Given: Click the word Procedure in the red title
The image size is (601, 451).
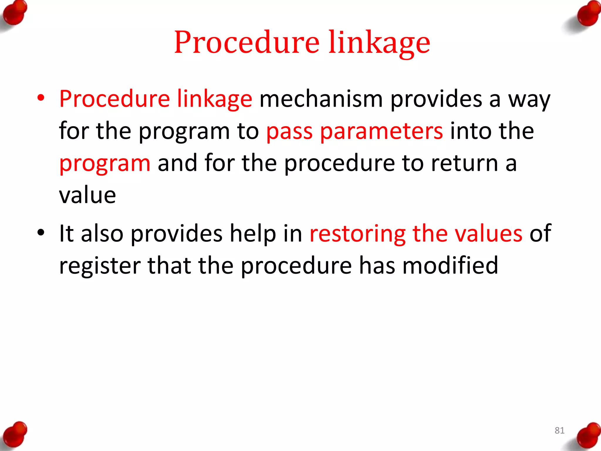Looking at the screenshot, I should pyautogui.click(x=247, y=43).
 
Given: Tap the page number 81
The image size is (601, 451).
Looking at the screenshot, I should pyautogui.click(x=559, y=430).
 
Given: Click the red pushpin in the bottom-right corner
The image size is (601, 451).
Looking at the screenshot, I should pyautogui.click(x=587, y=436).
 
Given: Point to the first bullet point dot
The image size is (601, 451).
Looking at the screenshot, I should pyautogui.click(x=41, y=98).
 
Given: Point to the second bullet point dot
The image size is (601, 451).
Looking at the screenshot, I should pyautogui.click(x=41, y=233).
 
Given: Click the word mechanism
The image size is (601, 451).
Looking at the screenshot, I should pyautogui.click(x=321, y=99).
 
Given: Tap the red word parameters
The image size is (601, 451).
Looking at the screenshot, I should pyautogui.click(x=381, y=131).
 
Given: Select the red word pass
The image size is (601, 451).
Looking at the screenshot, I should pyautogui.click(x=289, y=131).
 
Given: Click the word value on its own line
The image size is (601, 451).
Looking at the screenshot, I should pyautogui.click(x=87, y=195).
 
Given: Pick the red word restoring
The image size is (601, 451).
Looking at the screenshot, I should pyautogui.click(x=357, y=234).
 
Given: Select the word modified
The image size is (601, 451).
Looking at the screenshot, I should pyautogui.click(x=450, y=265).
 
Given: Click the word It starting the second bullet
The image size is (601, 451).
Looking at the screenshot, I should pyautogui.click(x=66, y=234).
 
